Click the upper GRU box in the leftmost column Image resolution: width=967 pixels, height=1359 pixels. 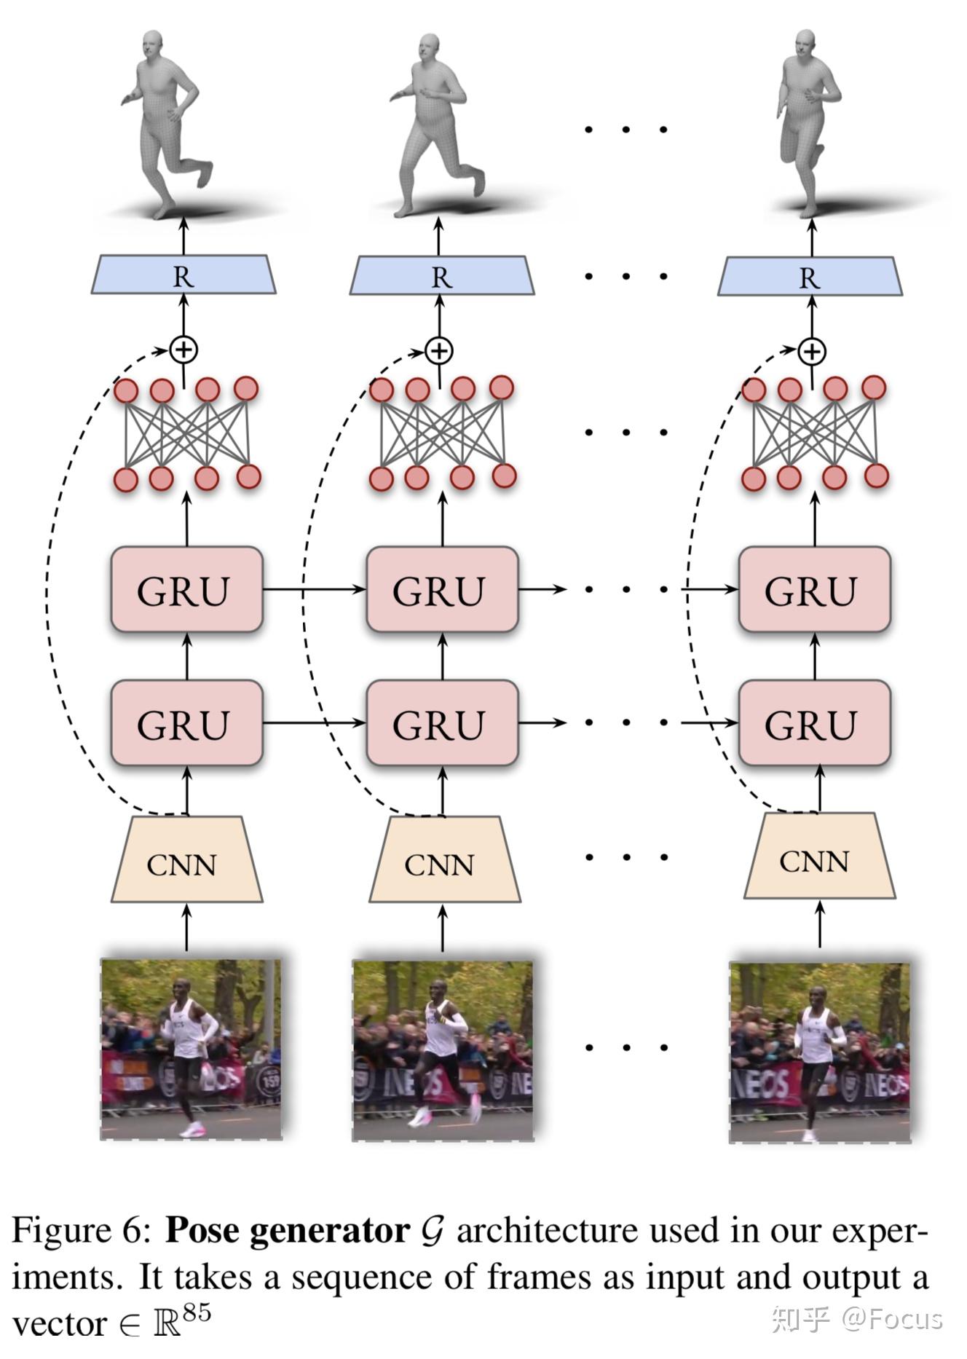(186, 590)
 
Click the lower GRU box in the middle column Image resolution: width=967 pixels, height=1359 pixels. (442, 723)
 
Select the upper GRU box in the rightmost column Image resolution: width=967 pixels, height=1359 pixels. (814, 590)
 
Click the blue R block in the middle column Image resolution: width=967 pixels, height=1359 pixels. (441, 276)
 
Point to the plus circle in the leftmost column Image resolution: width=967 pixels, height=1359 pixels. (183, 350)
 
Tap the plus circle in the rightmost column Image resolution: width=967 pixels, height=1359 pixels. (811, 352)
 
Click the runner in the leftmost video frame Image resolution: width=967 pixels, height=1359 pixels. (188, 1049)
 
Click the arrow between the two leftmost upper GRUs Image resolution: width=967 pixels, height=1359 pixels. (313, 588)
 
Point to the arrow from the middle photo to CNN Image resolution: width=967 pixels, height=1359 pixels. (442, 927)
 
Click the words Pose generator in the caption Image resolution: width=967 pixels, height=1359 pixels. (287, 1232)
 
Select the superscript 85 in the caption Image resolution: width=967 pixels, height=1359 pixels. (197, 1312)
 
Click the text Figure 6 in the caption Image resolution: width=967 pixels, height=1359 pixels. (80, 1232)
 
